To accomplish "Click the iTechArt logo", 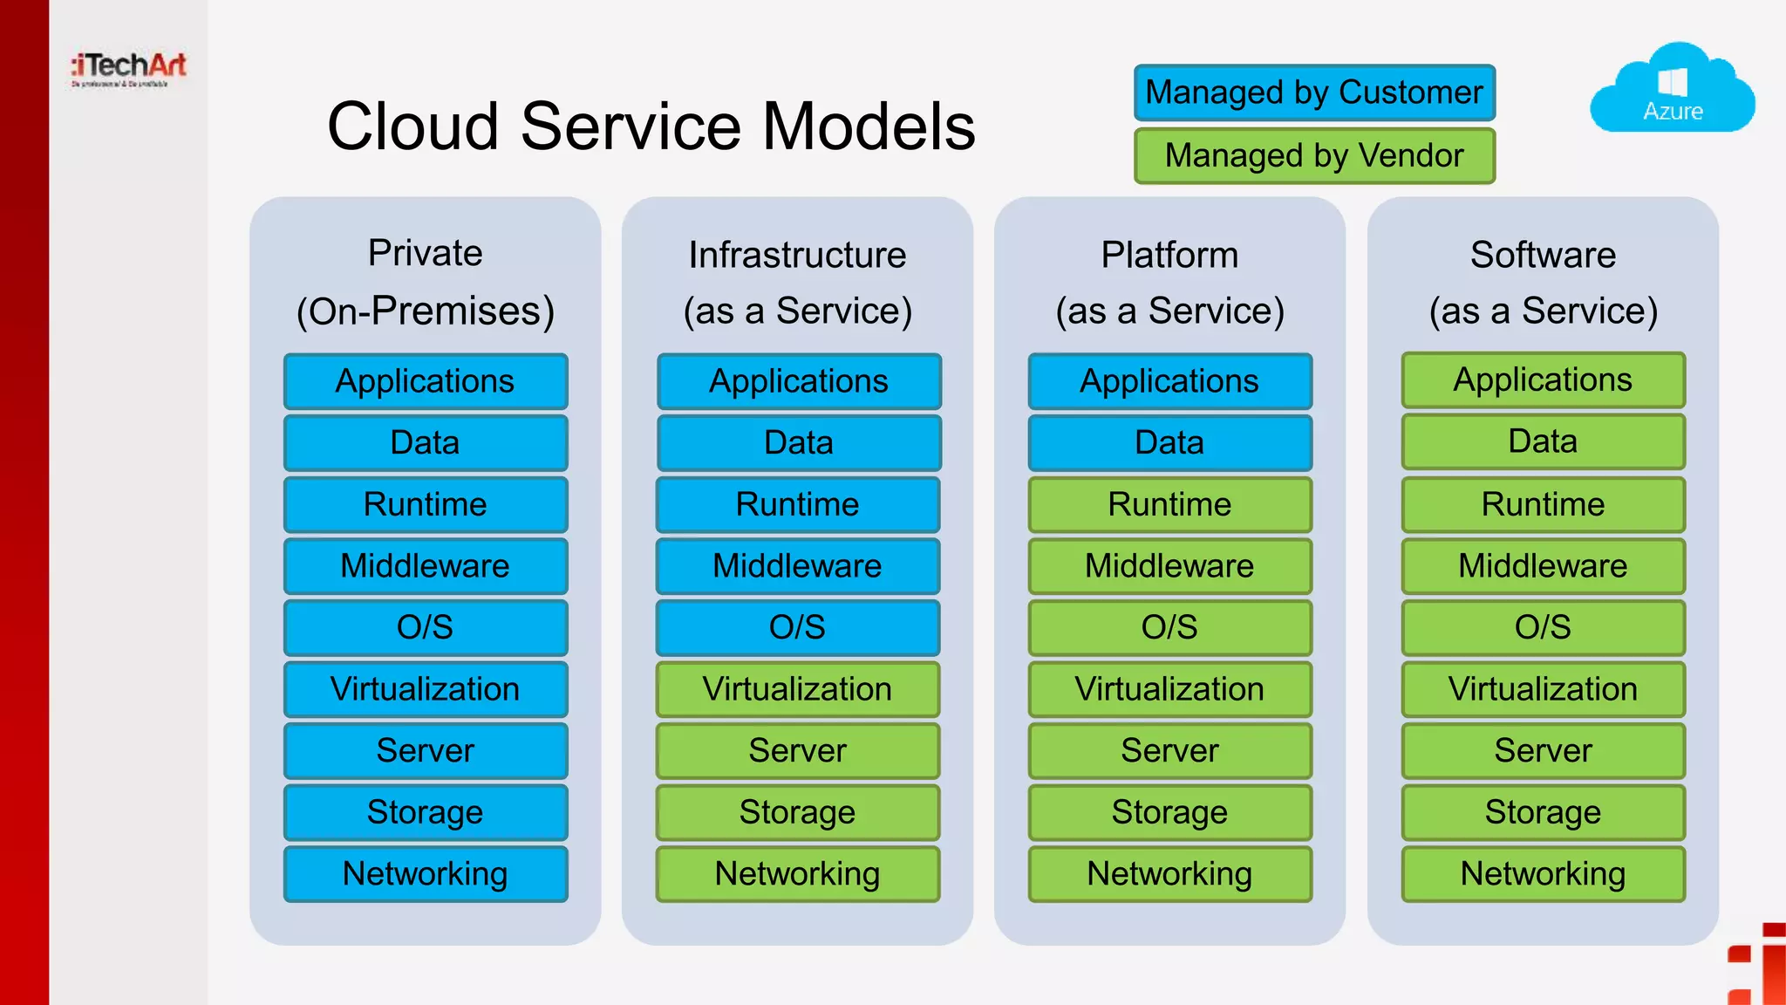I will pos(129,68).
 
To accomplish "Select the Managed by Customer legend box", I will pos(1314,92).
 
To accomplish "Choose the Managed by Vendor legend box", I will pos(1314,156).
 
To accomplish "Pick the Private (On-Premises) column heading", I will pos(426,283).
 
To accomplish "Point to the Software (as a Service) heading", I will pos(1543,283).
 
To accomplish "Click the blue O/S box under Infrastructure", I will pos(798,627).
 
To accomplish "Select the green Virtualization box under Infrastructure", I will pos(798,689).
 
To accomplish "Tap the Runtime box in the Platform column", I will pos(1169,504).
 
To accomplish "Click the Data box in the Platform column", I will pos(1169,442).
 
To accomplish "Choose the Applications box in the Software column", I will pos(1543,380).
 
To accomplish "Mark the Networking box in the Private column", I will pos(426,873).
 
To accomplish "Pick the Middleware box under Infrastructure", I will pos(798,566).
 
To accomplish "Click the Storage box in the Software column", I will pos(1543,812).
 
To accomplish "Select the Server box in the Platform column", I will pos(1169,750).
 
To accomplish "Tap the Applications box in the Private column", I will pos(426,381).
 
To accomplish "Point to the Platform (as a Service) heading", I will pos(1169,283).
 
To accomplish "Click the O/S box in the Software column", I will pos(1543,627).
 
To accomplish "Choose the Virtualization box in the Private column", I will pos(426,689).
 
